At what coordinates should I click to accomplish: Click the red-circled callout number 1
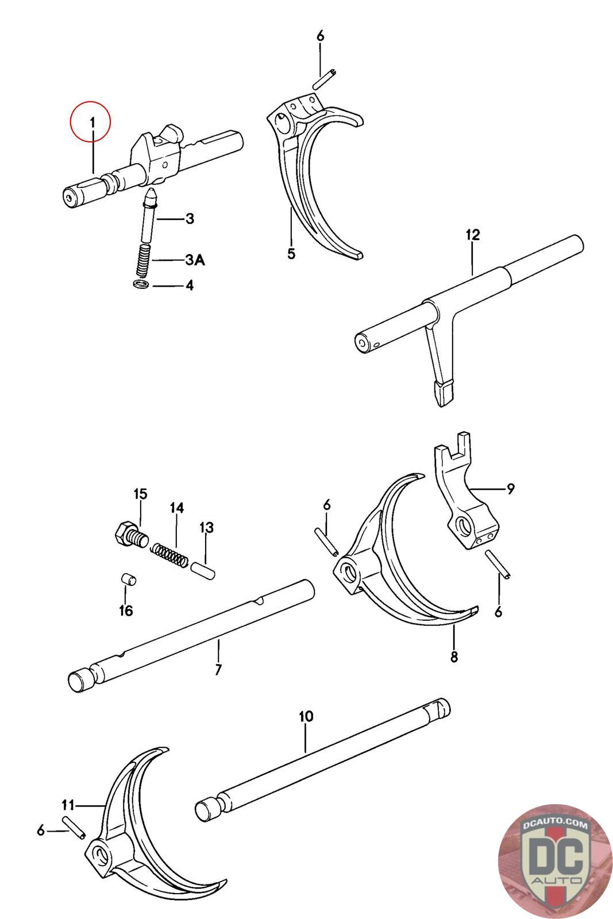point(90,121)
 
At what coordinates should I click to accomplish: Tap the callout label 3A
point(195,260)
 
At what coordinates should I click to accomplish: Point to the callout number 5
point(291,253)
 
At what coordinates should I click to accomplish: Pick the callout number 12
point(473,235)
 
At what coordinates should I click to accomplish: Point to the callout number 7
point(218,669)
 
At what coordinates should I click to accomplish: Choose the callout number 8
point(454,657)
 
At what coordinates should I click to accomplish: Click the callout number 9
point(510,489)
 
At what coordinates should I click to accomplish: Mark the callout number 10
point(306,716)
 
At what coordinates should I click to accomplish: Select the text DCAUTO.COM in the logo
point(554,825)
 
